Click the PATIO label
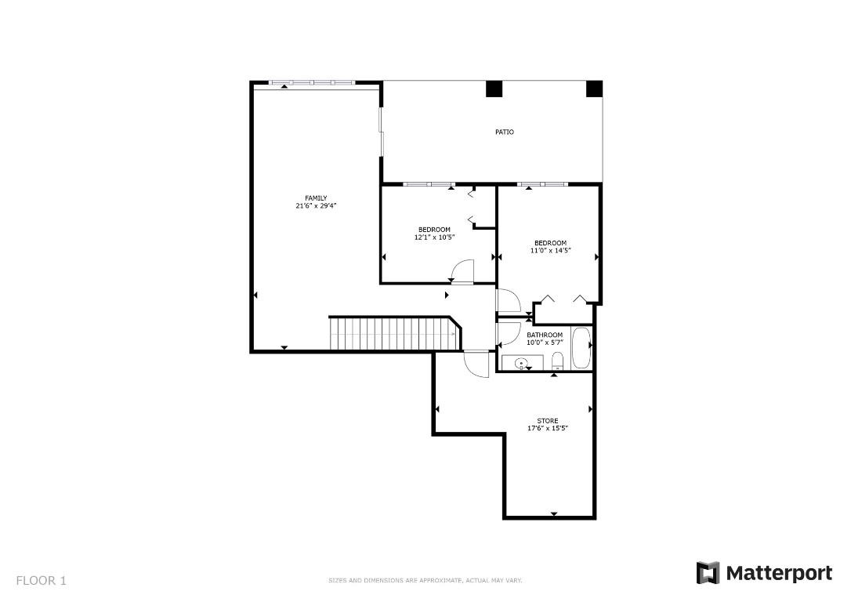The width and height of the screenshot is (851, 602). pos(504,132)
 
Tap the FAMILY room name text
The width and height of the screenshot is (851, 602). pos(316,198)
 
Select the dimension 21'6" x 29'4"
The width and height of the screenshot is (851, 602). pos(316,206)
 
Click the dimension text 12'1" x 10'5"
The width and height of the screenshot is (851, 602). pos(434,237)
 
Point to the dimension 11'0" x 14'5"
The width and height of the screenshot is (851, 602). pos(550,251)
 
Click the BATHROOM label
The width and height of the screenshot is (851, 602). pos(544,335)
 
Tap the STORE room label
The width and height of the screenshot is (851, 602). pos(548,421)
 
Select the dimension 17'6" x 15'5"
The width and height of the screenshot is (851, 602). pos(548,429)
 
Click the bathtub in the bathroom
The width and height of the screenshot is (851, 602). pos(581,349)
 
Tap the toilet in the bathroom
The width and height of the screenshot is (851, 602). pos(557,361)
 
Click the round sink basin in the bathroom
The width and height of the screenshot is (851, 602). pos(522,364)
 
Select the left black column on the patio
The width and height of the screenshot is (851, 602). pos(494,89)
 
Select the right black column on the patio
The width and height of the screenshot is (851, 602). pos(595,89)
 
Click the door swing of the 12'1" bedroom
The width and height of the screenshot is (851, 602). pos(462,271)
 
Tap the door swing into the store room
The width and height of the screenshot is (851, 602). pos(475,364)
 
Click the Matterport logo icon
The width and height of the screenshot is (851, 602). pos(708,573)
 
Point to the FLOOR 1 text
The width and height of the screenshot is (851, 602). pos(42,581)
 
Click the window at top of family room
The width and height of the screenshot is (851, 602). pos(312,82)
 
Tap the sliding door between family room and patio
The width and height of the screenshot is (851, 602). pos(381,131)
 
